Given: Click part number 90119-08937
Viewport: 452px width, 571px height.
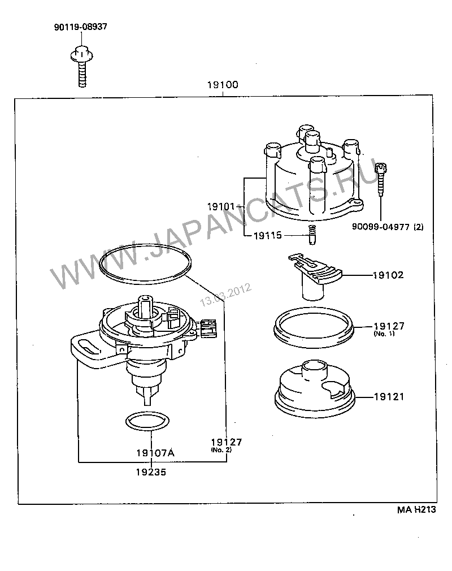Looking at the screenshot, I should [80, 27].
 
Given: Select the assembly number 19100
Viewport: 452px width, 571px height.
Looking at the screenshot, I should [223, 85].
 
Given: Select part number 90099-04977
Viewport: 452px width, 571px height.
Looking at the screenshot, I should [387, 227].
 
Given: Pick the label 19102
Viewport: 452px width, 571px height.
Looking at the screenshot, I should [387, 276].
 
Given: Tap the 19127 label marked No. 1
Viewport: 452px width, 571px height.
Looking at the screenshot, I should [388, 327].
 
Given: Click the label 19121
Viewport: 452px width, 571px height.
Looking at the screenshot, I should [388, 397].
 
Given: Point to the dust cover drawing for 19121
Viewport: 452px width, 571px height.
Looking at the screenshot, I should [314, 387].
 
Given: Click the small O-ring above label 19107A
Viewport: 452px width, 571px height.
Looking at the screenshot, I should [146, 421].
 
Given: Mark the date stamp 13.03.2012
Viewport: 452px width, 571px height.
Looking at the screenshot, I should [225, 296].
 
